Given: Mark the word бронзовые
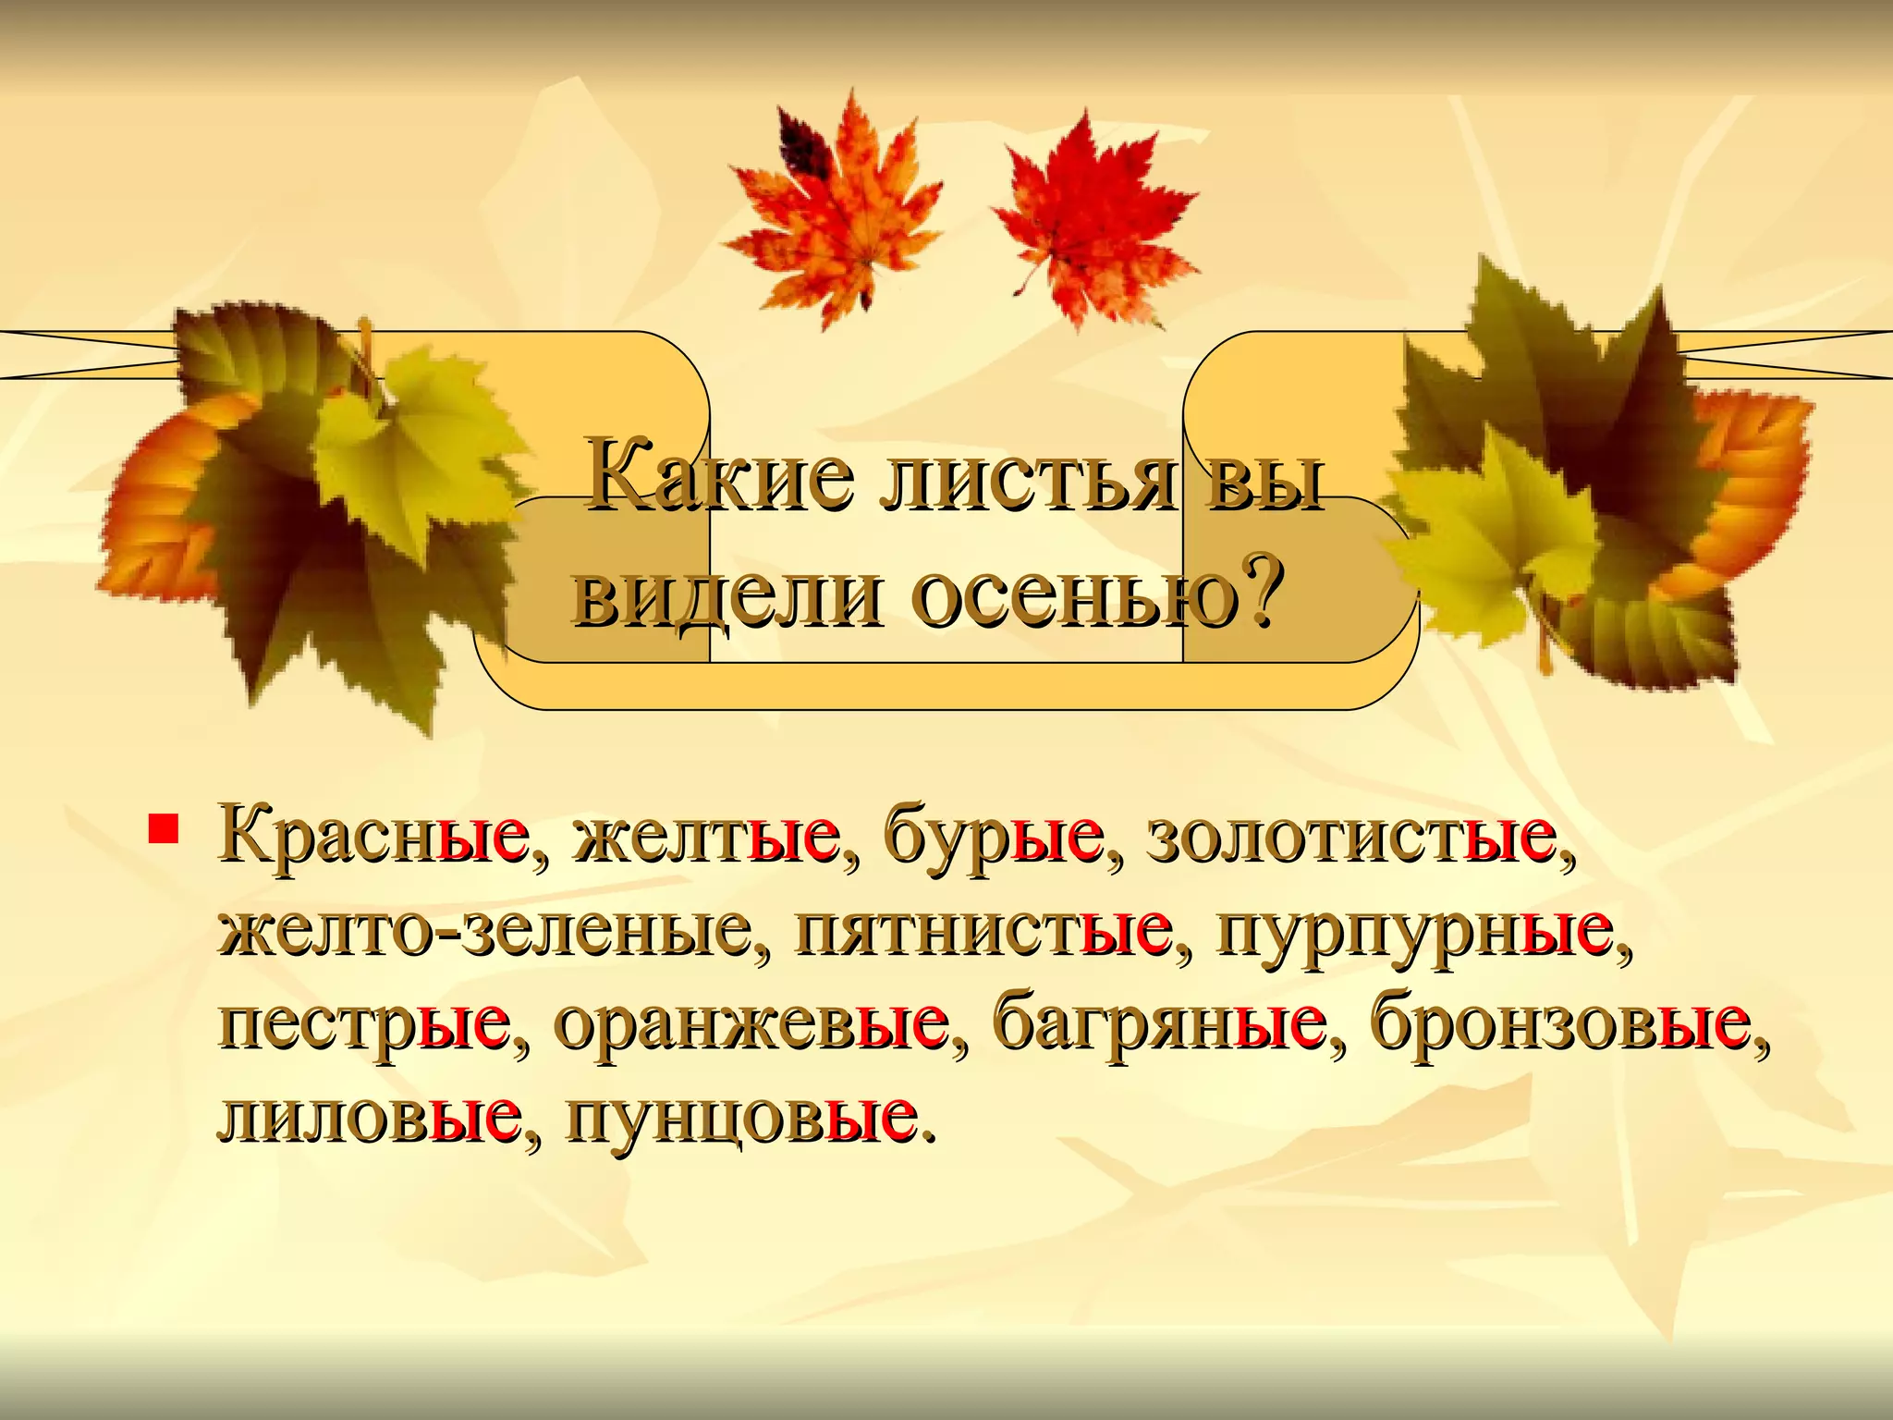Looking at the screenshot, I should click(1561, 1024).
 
